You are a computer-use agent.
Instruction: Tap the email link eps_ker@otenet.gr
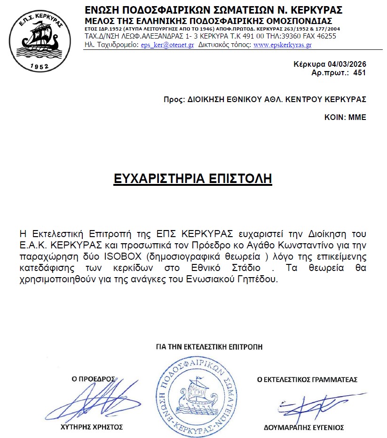pyautogui.click(x=167, y=45)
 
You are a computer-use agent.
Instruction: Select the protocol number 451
pyautogui.click(x=359, y=73)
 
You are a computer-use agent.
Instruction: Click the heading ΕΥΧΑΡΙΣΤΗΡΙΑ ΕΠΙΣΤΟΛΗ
pyautogui.click(x=193, y=179)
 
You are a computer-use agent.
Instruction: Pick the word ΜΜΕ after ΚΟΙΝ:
pyautogui.click(x=357, y=117)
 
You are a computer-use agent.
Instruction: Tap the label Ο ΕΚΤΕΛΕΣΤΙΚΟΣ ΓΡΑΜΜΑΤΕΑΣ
pyautogui.click(x=307, y=379)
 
